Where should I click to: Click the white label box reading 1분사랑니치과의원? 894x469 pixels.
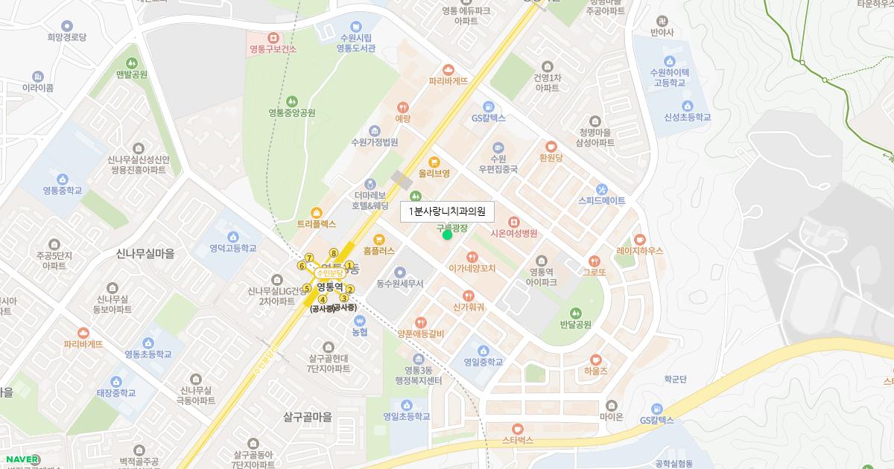447,211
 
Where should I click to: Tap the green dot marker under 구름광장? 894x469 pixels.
447,235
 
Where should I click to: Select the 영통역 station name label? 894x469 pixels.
329,285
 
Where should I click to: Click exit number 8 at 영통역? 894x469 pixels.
334,252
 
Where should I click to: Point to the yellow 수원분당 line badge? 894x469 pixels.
329,272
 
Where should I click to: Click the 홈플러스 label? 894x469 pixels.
379,252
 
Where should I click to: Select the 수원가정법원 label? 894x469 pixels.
374,141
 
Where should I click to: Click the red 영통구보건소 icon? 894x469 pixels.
273,37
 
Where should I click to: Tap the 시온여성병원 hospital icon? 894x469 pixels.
513,221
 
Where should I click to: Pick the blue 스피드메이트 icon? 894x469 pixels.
602,189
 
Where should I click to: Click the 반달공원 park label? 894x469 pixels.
574,325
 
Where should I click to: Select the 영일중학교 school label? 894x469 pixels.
483,363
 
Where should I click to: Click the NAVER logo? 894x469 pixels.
22,459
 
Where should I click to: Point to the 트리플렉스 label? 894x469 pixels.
317,223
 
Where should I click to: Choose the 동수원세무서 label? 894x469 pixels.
399,284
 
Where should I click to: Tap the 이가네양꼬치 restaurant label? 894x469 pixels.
472,269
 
